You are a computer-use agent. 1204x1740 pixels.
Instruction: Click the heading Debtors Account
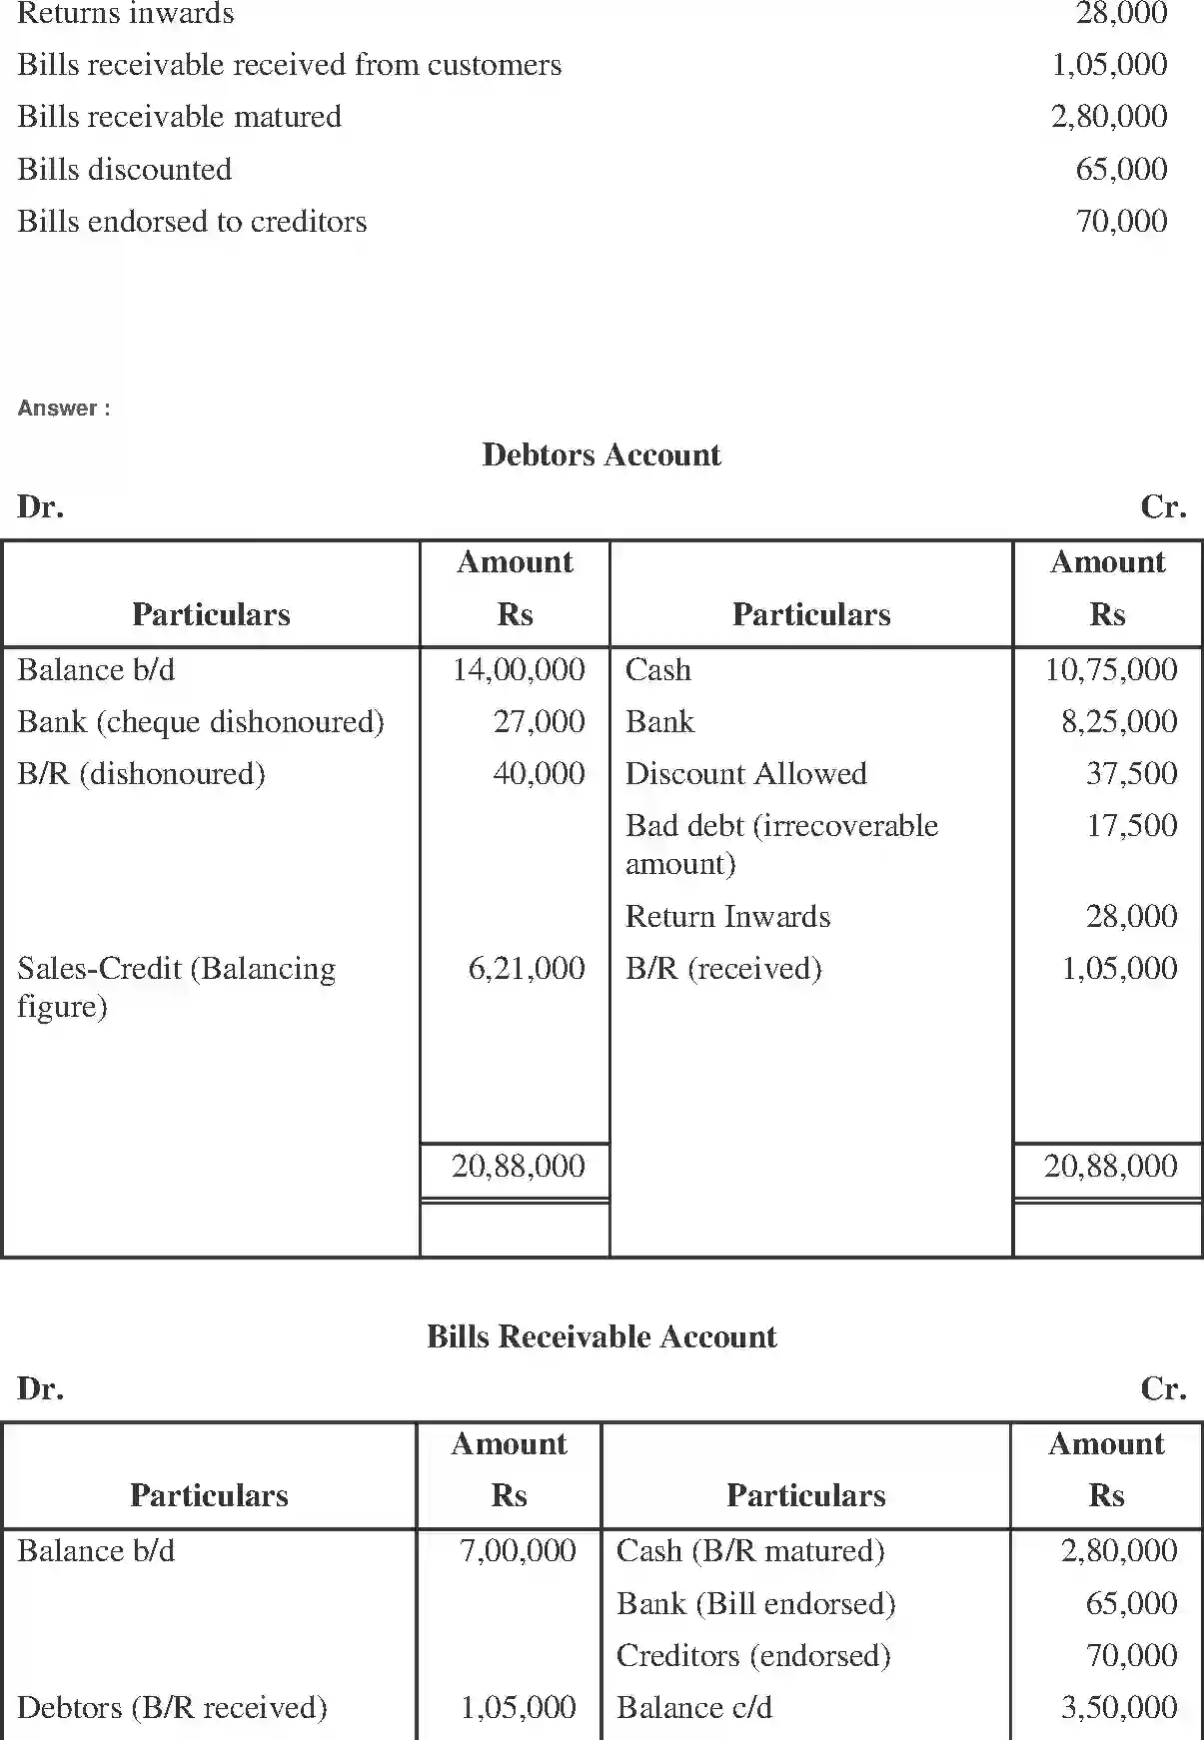(601, 454)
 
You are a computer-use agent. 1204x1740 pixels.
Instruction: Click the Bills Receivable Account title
(601, 1336)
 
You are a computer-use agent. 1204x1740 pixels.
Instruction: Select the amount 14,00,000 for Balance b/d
(519, 669)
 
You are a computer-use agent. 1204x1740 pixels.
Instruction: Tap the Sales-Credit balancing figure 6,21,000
(527, 968)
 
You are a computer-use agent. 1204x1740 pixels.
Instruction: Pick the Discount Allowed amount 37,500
(1131, 773)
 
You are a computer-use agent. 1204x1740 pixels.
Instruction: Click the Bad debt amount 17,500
(1131, 825)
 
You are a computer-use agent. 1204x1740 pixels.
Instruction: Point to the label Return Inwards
(727, 916)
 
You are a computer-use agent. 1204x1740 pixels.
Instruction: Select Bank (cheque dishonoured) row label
(200, 721)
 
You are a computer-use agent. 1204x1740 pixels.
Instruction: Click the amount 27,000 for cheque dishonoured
(539, 721)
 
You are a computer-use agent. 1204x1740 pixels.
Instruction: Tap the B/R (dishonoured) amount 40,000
(539, 773)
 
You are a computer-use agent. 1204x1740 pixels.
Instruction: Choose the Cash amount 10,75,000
(1111, 669)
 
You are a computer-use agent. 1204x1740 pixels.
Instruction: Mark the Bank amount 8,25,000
(1119, 721)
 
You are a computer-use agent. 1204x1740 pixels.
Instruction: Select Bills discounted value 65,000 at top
(1121, 169)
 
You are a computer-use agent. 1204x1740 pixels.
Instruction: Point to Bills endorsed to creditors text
(192, 221)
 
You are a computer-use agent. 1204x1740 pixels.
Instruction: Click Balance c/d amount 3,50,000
(1119, 1707)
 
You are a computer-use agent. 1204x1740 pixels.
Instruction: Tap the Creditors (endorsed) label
(753, 1655)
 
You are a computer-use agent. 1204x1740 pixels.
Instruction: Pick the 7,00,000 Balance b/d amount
(518, 1550)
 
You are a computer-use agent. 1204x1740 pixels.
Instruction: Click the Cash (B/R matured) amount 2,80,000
(1119, 1550)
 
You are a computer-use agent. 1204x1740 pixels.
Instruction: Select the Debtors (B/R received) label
(172, 1707)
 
